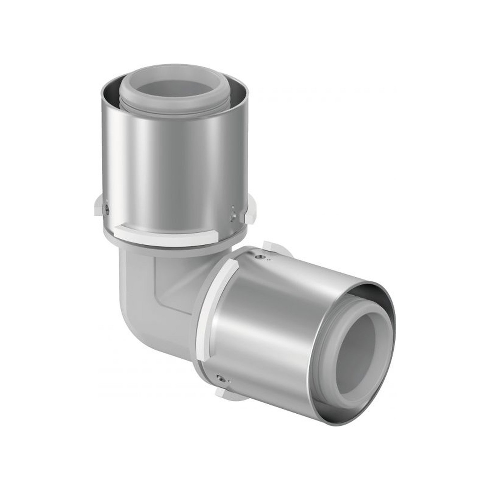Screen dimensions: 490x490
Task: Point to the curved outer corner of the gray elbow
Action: (x=133, y=302)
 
